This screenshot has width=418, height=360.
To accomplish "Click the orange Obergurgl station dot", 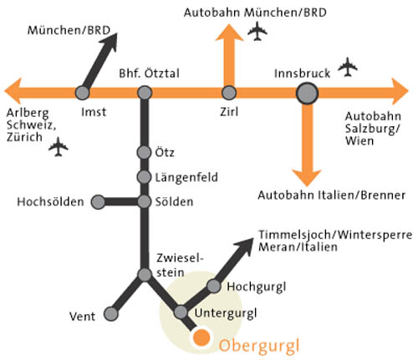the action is click(201, 337).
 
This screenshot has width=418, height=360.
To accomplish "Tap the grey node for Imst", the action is click(83, 93).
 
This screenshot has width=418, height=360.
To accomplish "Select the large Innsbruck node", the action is click(307, 94).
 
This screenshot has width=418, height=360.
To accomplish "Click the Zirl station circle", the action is click(229, 93).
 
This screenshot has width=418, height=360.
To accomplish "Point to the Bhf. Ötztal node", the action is click(145, 93).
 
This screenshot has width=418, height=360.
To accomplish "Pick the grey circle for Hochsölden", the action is click(98, 202).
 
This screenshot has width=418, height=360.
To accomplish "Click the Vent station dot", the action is click(111, 314).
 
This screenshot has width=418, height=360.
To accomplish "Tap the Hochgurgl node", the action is click(214, 286).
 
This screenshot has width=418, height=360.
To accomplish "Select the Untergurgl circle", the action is click(181, 312).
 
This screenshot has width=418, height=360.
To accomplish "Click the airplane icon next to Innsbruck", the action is click(348, 67).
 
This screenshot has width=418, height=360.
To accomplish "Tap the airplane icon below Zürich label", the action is click(59, 146).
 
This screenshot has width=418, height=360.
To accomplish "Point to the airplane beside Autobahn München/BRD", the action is click(257, 31).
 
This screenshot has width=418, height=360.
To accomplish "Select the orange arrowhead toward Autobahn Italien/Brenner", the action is click(307, 177).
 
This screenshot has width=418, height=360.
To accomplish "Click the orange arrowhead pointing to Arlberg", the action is click(13, 91).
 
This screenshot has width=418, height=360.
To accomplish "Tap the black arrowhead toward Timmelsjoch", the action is click(245, 246).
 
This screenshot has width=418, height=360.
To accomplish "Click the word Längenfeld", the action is click(186, 177).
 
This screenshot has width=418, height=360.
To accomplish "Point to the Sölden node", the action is click(145, 201).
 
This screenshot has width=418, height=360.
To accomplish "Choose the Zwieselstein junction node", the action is click(145, 275).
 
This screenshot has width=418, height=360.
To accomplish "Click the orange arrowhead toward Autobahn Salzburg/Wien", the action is click(400, 91).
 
